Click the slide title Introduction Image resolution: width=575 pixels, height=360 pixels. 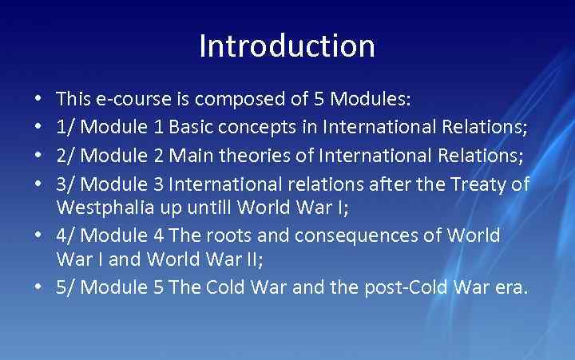(x=287, y=46)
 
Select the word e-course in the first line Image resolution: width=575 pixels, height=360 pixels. (x=128, y=100)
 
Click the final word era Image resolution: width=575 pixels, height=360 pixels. (x=510, y=288)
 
